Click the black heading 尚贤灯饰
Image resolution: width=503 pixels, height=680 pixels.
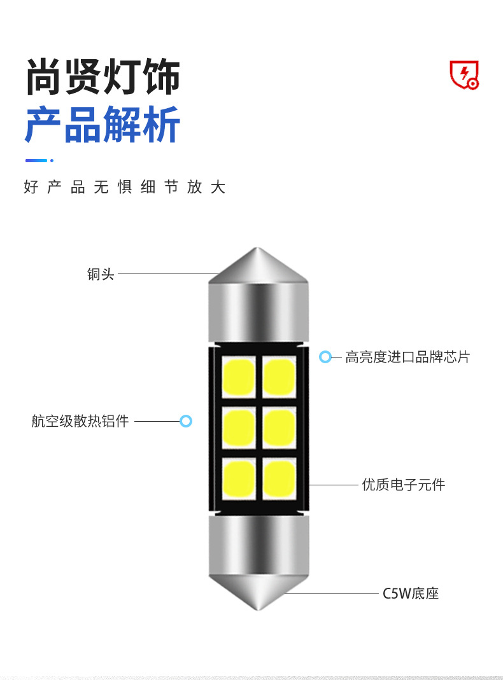(103, 78)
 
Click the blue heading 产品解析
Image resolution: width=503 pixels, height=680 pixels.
(103, 125)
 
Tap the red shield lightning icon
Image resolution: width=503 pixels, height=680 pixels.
(464, 75)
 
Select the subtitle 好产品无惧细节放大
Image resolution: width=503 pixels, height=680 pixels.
(125, 187)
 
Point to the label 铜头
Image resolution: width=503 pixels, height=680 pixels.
(101, 274)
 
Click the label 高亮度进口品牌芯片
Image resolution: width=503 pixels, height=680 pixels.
(407, 357)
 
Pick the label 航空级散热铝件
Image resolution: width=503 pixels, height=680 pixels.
(80, 420)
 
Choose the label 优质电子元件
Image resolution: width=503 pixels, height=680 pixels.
(404, 485)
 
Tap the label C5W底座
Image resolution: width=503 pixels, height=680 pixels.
(411, 593)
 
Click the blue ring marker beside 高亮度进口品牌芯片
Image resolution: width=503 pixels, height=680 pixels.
(325, 357)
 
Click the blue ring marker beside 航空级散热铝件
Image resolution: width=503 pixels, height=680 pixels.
(186, 420)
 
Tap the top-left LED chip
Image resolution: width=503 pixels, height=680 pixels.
(239, 377)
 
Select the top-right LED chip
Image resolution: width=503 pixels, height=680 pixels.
(279, 377)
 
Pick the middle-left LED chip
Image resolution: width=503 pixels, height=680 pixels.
(239, 427)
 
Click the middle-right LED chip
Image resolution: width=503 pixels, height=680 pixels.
(279, 427)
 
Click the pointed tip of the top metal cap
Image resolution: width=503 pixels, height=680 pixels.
(258, 250)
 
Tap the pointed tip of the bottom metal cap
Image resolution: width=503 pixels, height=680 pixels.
(259, 607)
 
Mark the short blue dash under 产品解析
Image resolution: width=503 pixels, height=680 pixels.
(36, 160)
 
